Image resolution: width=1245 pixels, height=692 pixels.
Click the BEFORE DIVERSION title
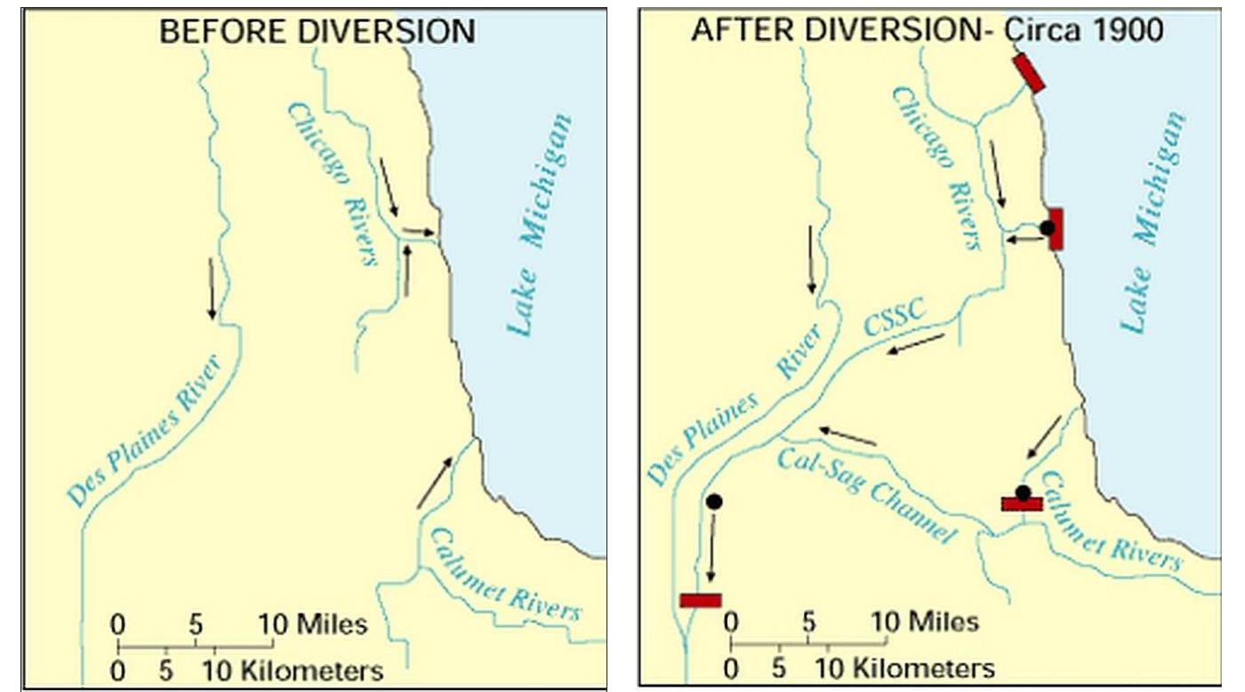317,32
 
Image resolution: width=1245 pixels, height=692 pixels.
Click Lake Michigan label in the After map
1153,222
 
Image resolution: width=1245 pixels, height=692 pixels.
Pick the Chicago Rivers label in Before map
333,183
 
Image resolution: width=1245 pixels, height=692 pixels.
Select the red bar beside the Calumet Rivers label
1022,504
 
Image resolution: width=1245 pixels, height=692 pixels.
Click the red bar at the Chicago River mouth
1056,229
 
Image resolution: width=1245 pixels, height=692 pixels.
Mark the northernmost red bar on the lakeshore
1029,73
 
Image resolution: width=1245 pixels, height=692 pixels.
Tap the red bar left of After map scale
700,600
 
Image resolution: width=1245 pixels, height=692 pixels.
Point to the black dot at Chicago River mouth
1048,228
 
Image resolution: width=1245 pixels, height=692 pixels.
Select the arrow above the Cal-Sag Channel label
847,435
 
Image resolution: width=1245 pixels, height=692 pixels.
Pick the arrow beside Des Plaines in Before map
212,288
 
